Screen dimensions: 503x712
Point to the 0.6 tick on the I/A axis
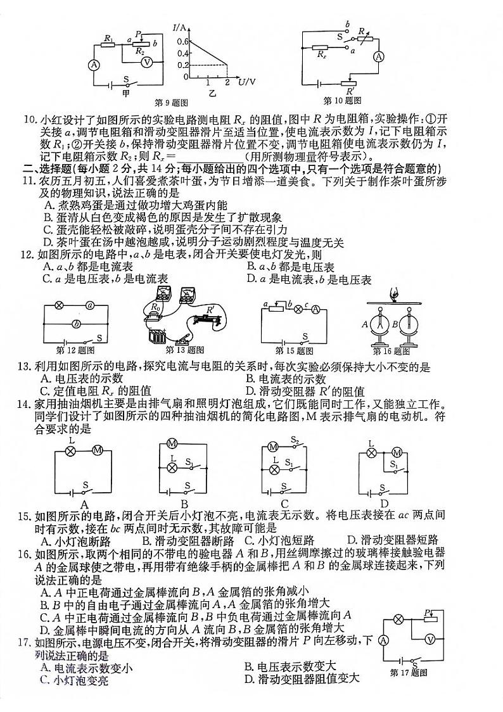182,41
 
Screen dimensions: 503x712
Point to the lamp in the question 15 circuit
293,305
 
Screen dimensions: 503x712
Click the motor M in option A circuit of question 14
98,450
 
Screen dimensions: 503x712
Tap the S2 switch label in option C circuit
295,440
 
